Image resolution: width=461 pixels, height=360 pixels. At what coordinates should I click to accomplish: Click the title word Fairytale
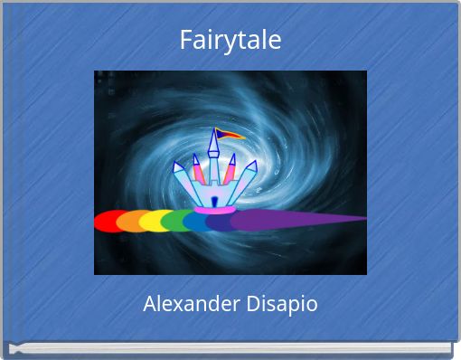point(230,41)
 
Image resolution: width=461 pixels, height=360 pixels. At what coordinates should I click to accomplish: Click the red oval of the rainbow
point(108,222)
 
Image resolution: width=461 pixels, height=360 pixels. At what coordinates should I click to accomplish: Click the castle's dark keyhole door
point(214,200)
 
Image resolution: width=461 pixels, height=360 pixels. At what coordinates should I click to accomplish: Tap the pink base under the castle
point(214,210)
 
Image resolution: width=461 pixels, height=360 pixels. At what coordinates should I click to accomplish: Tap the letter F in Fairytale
point(184,41)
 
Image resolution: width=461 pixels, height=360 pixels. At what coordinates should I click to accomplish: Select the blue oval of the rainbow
point(196,221)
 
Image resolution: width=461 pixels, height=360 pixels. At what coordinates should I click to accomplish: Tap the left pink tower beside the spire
point(196,169)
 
